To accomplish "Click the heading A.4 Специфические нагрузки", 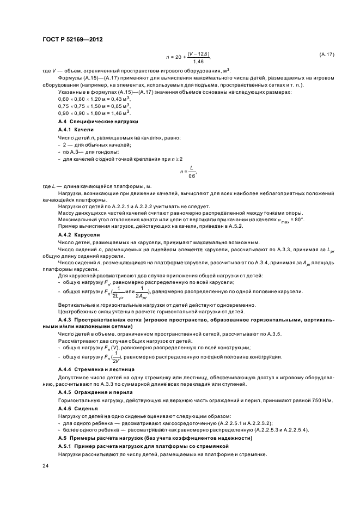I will [97, 122].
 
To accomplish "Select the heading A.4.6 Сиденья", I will [78, 408].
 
